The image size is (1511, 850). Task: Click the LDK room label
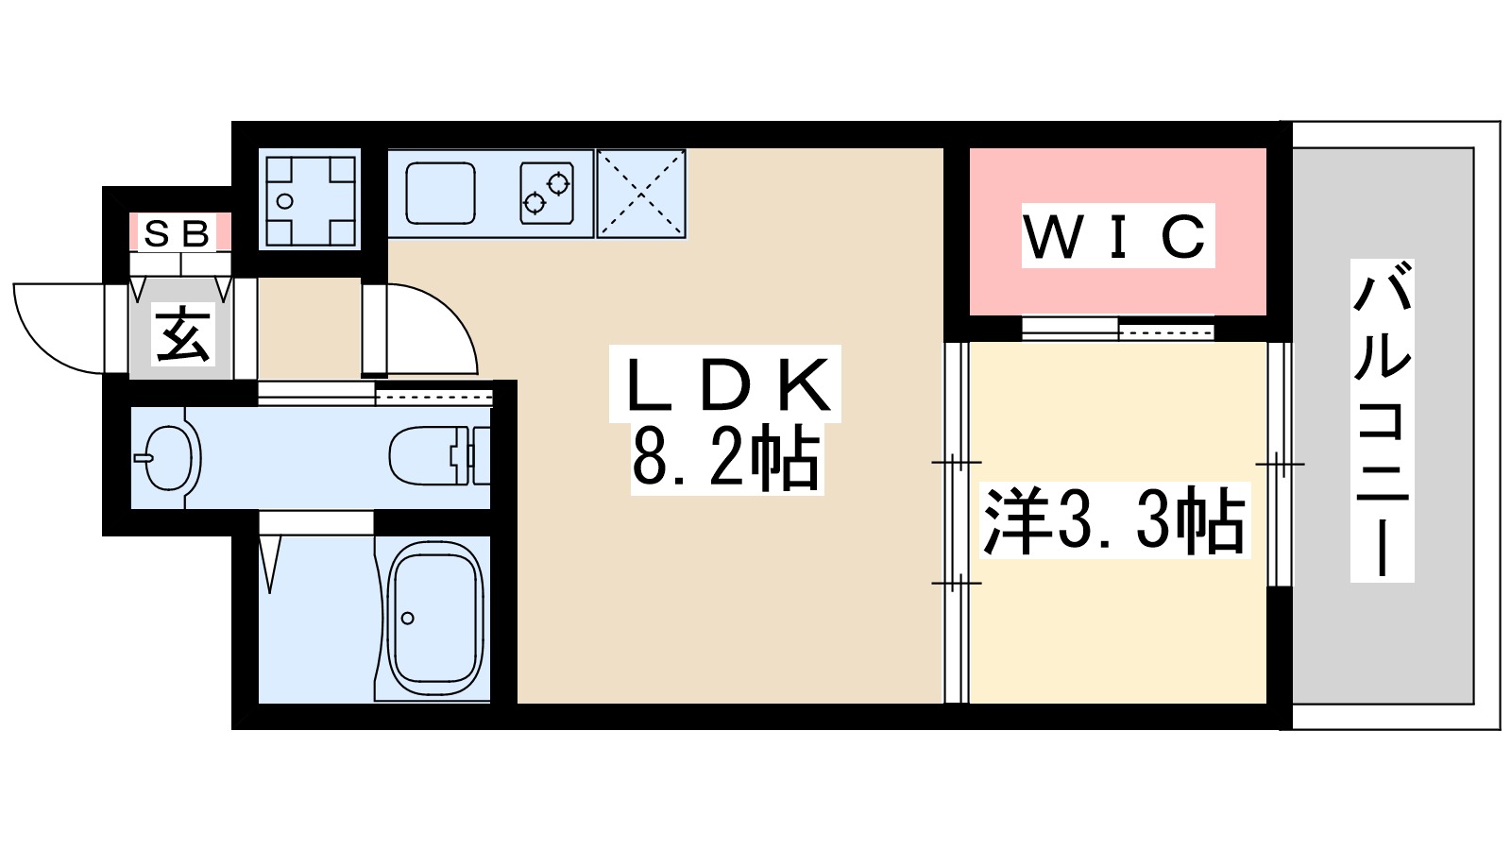pyautogui.click(x=725, y=384)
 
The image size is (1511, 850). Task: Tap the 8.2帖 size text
pyautogui.click(x=725, y=458)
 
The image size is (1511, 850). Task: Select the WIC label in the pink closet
pyautogui.click(x=1117, y=236)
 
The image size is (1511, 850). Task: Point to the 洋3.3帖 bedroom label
pyautogui.click(x=1114, y=520)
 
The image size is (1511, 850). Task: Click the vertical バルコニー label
pyautogui.click(x=1382, y=420)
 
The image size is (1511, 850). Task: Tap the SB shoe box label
pyautogui.click(x=178, y=233)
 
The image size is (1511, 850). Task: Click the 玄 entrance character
pyautogui.click(x=182, y=335)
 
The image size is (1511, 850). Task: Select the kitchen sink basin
pyautogui.click(x=440, y=193)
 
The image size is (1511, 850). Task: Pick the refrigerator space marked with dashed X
pyautogui.click(x=641, y=194)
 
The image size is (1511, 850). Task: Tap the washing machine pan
pyautogui.click(x=310, y=198)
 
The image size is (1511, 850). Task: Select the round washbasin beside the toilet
pyautogui.click(x=169, y=458)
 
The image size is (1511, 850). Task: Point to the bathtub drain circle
pyautogui.click(x=408, y=619)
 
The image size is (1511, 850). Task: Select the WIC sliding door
pyautogui.click(x=1117, y=329)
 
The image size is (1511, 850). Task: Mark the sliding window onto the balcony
pyautogui.click(x=1279, y=463)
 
